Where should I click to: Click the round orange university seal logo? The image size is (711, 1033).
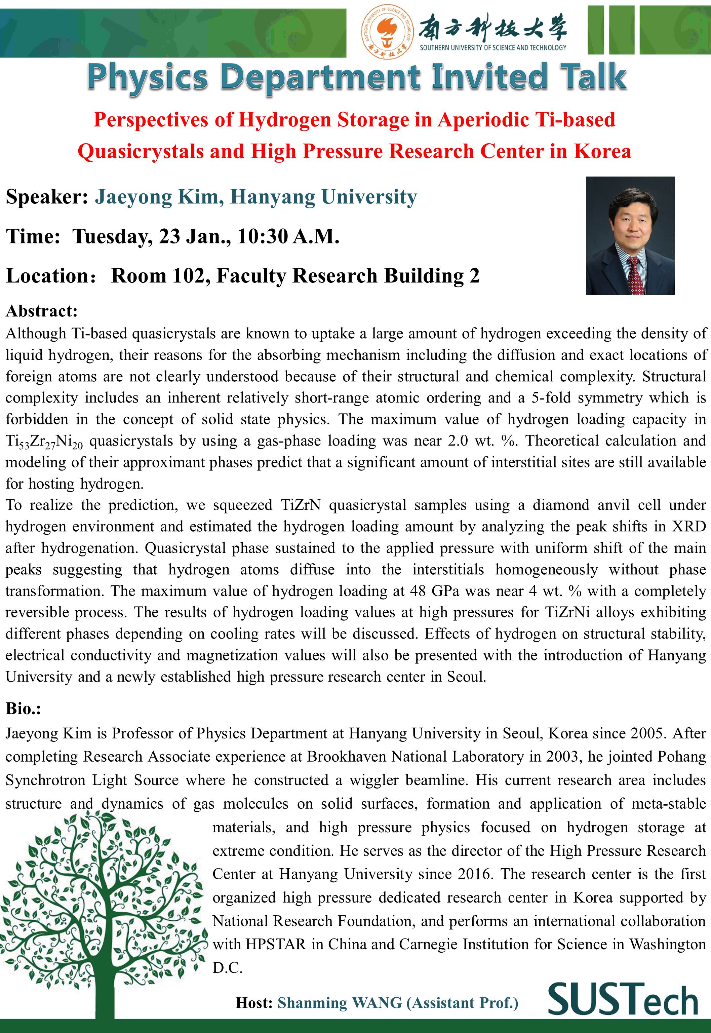[x=387, y=32]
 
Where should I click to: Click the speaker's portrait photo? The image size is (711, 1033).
[x=630, y=235]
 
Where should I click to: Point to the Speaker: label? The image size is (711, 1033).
[x=47, y=197]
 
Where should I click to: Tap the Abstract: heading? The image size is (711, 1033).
[x=42, y=311]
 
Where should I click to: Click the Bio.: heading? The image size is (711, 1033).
[x=23, y=708]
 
